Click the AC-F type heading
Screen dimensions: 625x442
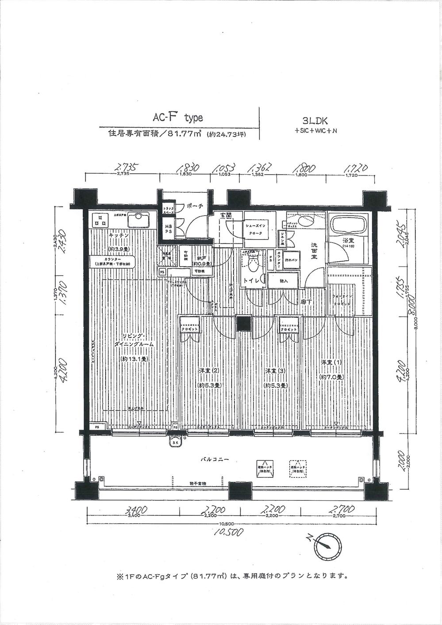click(x=177, y=118)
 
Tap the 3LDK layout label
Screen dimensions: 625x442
click(x=314, y=120)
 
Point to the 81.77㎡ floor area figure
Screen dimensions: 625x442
click(x=182, y=134)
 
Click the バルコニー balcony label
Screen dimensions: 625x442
click(x=214, y=460)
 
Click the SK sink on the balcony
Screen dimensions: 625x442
click(x=176, y=442)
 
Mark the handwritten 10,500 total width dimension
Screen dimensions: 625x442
click(x=228, y=532)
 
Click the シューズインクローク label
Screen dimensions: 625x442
click(x=256, y=229)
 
